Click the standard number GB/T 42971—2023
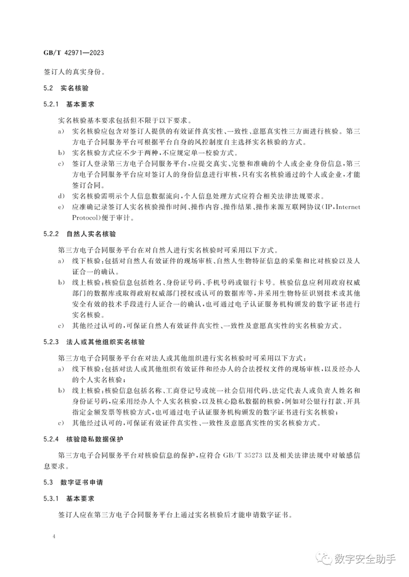73,54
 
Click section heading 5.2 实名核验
65,88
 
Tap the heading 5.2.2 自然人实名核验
80,234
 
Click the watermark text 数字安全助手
367,559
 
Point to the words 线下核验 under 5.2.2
85,262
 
